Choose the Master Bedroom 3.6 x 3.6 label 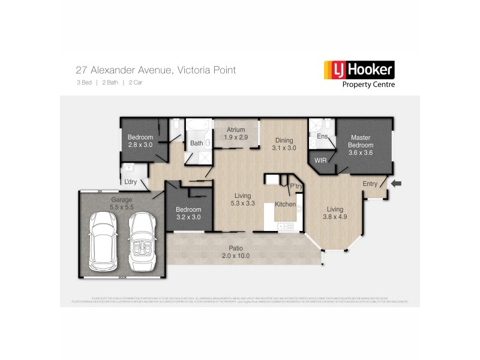tap(361, 145)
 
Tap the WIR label tap(320, 161)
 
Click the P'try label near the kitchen tap(296, 187)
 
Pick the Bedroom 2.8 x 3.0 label tap(140, 141)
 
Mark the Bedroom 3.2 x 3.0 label tap(188, 213)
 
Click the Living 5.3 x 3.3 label tap(242, 199)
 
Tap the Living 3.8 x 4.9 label tap(335, 213)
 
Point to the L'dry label tap(131, 182)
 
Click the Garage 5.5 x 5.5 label tap(121, 203)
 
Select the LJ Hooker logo tap(359, 70)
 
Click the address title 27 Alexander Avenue tap(155, 70)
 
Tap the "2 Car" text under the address tap(135, 82)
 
